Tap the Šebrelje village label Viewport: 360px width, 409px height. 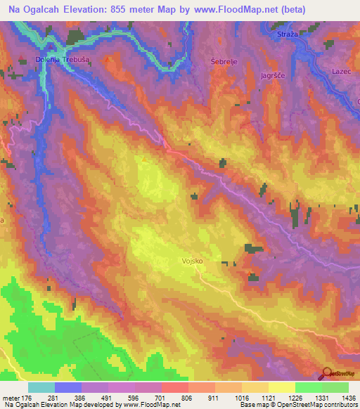tap(222, 62)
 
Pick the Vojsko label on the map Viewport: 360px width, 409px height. tap(191, 260)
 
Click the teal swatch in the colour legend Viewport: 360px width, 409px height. tap(41, 387)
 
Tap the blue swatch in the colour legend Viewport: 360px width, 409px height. tap(68, 387)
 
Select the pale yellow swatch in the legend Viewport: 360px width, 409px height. tap(281, 387)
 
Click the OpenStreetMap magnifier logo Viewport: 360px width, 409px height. tap(327, 373)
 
